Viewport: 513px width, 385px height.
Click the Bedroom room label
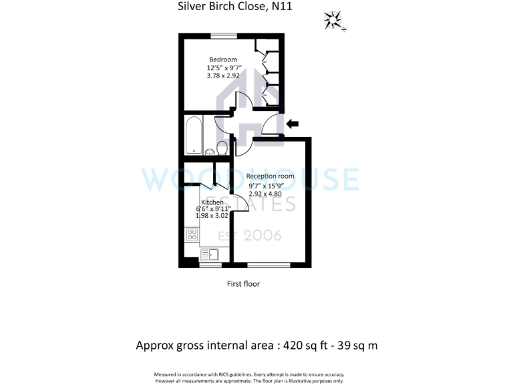pos(222,59)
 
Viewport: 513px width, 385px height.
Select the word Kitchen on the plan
pos(212,202)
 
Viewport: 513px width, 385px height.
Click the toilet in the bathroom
pos(222,148)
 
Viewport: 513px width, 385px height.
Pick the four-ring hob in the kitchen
pos(192,235)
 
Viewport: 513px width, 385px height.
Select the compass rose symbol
pos(332,20)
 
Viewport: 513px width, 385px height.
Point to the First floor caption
pos(243,283)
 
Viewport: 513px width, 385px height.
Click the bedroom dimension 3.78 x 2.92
pos(223,76)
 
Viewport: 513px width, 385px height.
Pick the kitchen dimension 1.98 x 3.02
pos(212,217)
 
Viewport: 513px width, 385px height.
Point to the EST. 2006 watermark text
pos(253,235)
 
